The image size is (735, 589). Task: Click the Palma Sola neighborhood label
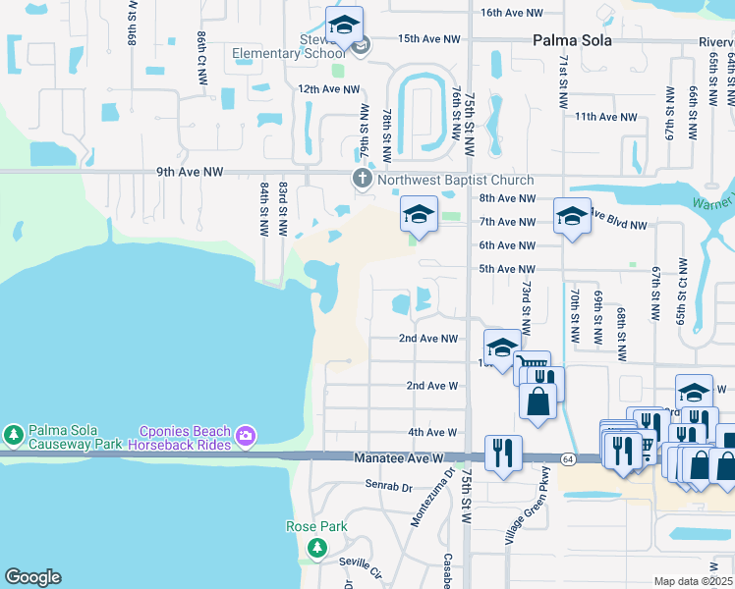(x=572, y=40)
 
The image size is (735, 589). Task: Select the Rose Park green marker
(x=316, y=547)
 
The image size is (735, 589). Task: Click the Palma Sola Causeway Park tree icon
(x=14, y=433)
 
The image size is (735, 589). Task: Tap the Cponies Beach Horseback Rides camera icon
(x=246, y=434)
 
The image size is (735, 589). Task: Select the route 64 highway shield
(x=568, y=458)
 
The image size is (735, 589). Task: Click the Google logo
(x=32, y=577)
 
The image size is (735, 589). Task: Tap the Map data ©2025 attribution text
(x=692, y=581)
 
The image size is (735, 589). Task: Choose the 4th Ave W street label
(x=432, y=432)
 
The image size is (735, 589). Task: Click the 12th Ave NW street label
(x=324, y=88)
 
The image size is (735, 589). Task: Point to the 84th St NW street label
(x=264, y=207)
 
